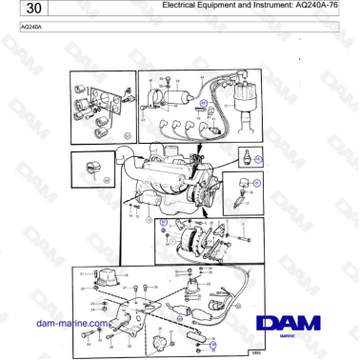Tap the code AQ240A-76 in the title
[319, 6]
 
